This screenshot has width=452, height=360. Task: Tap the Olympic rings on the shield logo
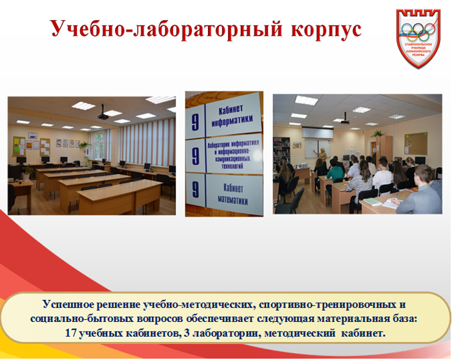(x=421, y=31)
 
